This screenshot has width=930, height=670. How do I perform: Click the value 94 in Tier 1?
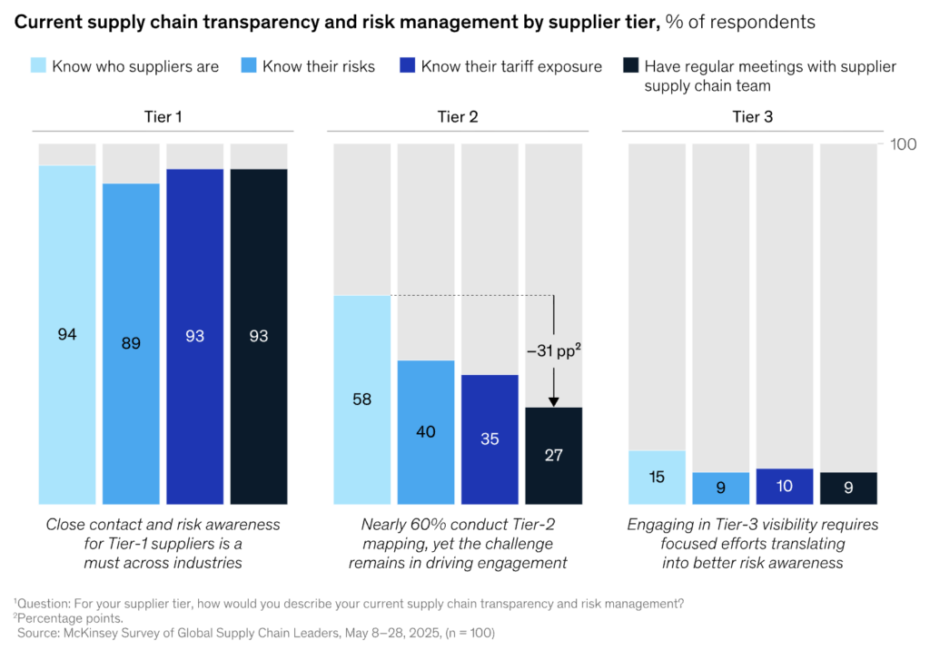tap(66, 335)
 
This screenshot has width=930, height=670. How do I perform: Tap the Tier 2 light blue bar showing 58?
tap(361, 399)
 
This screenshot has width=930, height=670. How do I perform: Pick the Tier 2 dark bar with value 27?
tap(553, 455)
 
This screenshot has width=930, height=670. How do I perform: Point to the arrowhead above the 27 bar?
tap(553, 401)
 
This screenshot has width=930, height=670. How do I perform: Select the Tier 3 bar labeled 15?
tap(657, 477)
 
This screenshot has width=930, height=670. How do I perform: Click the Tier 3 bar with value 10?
tap(785, 486)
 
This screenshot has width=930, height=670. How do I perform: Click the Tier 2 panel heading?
tap(457, 117)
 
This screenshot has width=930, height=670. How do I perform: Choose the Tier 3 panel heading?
tap(752, 117)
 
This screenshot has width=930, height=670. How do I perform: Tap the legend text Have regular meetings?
tap(770, 66)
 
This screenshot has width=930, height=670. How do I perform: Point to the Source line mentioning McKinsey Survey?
tap(256, 632)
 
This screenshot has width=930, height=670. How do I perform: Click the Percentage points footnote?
tap(64, 617)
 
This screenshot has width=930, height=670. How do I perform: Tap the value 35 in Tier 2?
tap(489, 438)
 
